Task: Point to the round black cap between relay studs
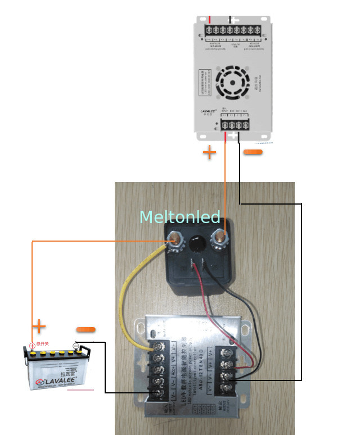197,243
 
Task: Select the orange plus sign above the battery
38,326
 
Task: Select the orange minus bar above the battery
85,329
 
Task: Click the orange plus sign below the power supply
209,152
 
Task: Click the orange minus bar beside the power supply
253,152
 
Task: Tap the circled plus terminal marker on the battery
31,346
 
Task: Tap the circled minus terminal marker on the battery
76,346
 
